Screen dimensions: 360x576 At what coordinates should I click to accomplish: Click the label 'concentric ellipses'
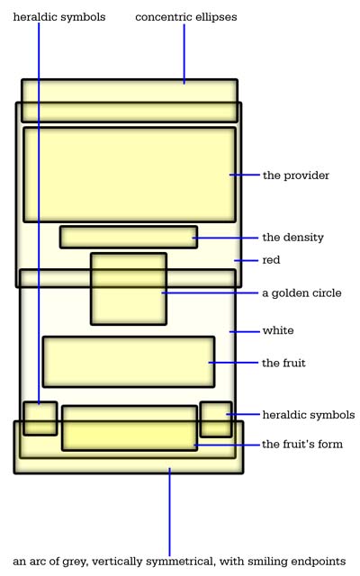(186, 17)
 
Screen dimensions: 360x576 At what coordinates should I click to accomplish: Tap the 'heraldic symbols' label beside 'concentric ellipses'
(59, 17)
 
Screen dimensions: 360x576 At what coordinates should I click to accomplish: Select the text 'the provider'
(296, 175)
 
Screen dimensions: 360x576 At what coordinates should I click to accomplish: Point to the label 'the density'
(292, 238)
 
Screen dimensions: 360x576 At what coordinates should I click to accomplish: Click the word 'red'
(271, 260)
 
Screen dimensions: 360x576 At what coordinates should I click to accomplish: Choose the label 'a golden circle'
(301, 293)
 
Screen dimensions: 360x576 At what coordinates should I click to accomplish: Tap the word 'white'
(278, 330)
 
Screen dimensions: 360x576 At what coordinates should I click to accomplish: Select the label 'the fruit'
(283, 363)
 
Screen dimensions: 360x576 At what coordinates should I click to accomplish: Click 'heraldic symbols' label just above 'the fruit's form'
(309, 415)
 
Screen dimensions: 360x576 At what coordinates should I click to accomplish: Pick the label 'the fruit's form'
(302, 444)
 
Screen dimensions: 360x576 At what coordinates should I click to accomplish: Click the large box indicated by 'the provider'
(130, 175)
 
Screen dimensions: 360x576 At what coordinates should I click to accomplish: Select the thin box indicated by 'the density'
(129, 238)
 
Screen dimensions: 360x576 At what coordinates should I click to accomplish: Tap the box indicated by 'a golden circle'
(129, 289)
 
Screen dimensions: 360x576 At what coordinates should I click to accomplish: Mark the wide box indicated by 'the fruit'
(129, 362)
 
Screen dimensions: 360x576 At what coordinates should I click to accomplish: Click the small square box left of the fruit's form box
(40, 418)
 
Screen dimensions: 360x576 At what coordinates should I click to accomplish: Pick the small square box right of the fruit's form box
(216, 419)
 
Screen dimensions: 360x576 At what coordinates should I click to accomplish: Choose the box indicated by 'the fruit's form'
(130, 428)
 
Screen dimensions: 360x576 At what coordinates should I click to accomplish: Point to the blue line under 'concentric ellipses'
(184, 54)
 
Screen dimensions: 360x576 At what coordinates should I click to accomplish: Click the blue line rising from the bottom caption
(169, 512)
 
